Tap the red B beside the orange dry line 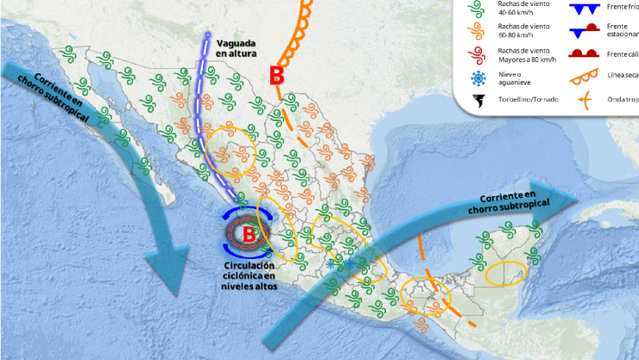[276, 76]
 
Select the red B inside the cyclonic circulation [249, 233]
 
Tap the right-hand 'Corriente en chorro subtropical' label [503, 202]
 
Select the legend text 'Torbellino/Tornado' [528, 100]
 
